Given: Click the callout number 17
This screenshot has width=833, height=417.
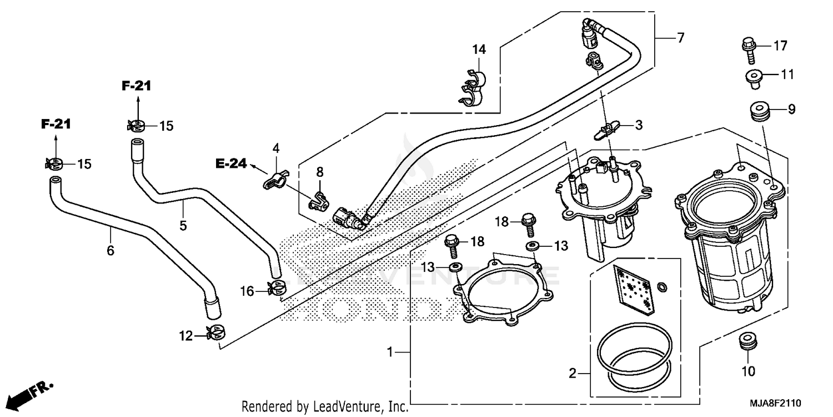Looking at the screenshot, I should (780, 46).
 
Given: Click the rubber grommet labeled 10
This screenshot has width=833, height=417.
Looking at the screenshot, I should (748, 342).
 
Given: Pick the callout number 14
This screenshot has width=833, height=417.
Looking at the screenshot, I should (479, 49).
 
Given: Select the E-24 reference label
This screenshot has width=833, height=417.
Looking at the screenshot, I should (230, 163).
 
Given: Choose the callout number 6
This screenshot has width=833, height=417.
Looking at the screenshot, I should (111, 251).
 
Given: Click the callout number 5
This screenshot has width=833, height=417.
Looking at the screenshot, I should (183, 225).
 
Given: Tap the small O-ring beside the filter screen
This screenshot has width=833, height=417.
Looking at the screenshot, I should (662, 287).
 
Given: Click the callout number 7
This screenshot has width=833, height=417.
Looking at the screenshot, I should (680, 38).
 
